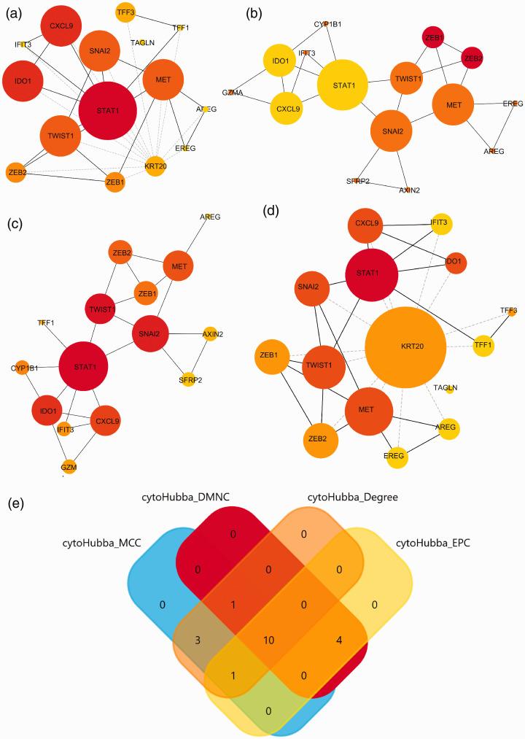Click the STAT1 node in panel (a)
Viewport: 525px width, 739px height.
107,110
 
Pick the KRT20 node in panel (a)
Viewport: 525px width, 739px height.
155,164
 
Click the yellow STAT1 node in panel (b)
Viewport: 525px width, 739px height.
344,85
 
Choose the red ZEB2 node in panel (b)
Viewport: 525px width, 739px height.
472,58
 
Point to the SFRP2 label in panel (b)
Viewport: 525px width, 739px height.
357,180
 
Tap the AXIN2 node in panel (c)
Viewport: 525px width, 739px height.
210,334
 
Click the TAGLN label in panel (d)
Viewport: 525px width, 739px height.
446,387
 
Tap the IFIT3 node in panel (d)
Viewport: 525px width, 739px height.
440,223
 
